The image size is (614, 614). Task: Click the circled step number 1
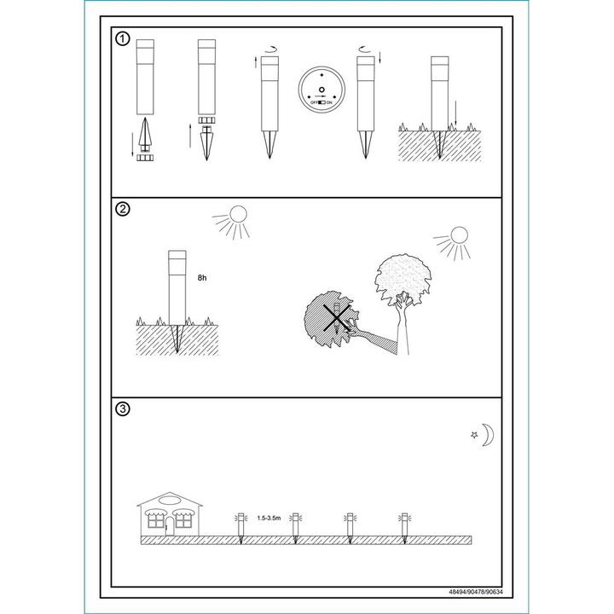pyautogui.click(x=123, y=39)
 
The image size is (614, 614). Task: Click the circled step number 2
pyautogui.click(x=123, y=209)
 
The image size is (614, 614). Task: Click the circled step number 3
pyautogui.click(x=123, y=409)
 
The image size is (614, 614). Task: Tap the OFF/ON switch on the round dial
pyautogui.click(x=321, y=102)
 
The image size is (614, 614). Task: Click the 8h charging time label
pyautogui.click(x=202, y=278)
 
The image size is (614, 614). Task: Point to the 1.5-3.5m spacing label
pyautogui.click(x=269, y=518)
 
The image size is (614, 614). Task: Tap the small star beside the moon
pyautogui.click(x=474, y=435)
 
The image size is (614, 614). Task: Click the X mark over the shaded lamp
pyautogui.click(x=336, y=318)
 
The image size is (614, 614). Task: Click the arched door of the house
pyautogui.click(x=170, y=526)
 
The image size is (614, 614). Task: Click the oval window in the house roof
pyautogui.click(x=170, y=501)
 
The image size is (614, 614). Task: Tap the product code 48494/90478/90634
pyautogui.click(x=475, y=592)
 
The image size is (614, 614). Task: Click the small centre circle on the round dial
pyautogui.click(x=321, y=90)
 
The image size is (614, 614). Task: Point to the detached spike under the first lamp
pyautogui.click(x=145, y=134)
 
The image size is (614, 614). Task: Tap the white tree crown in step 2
pyautogui.click(x=403, y=278)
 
